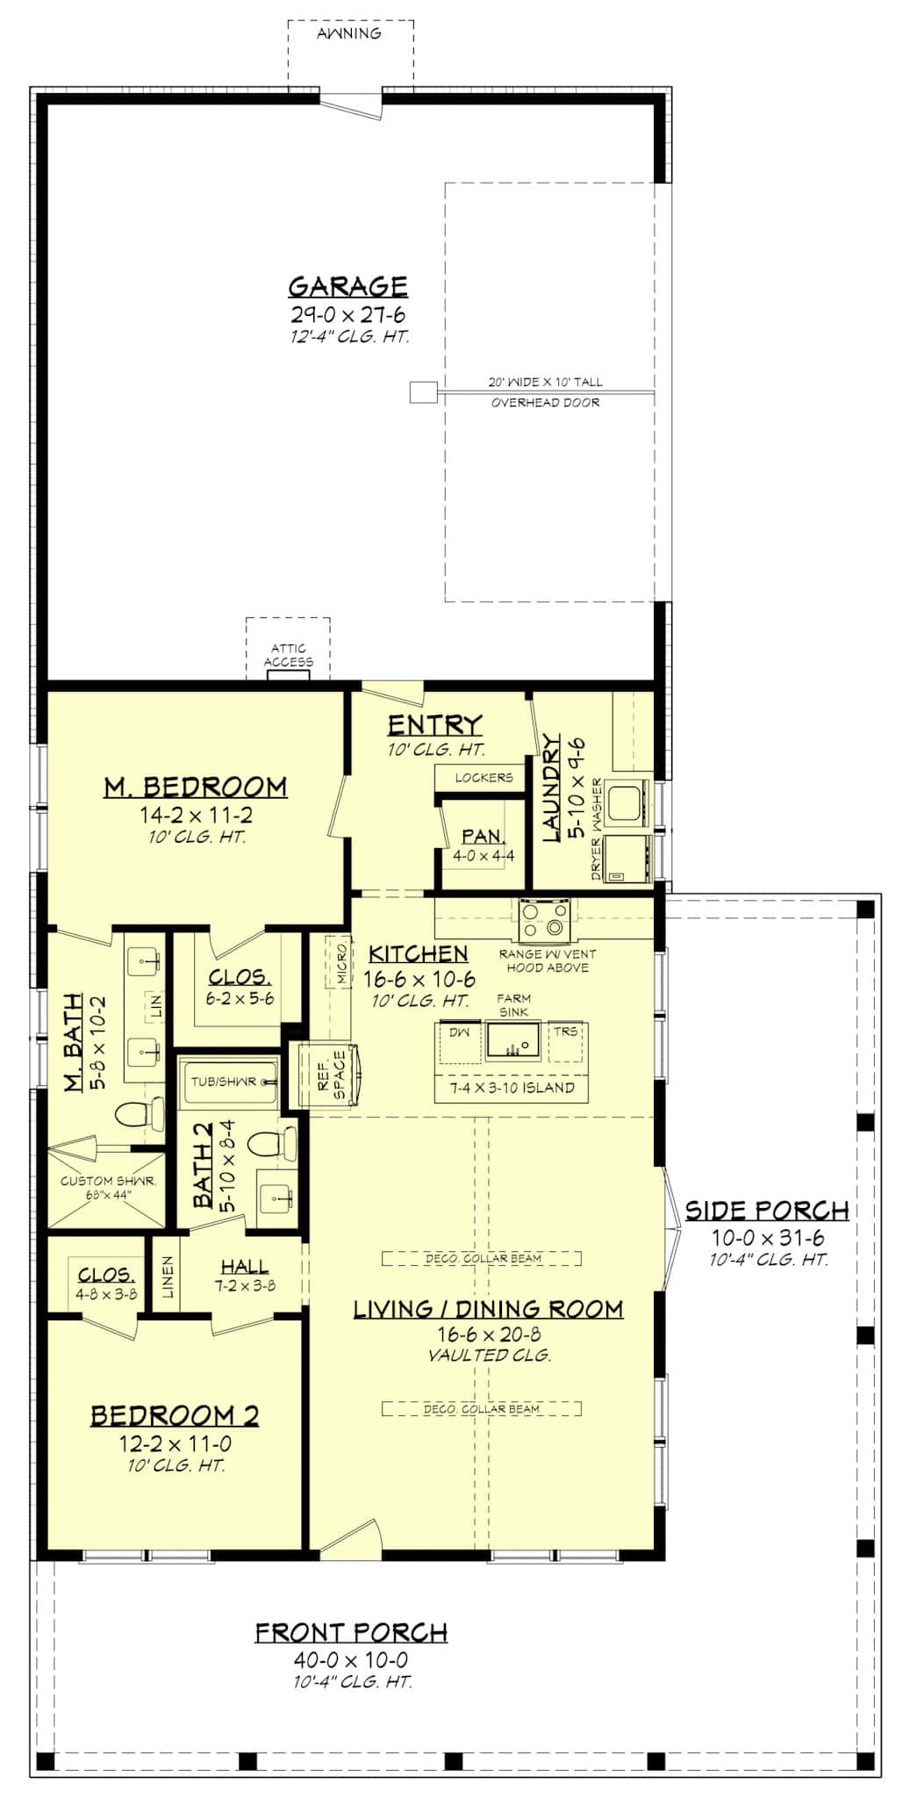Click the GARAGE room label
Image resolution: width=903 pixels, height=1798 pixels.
(x=348, y=286)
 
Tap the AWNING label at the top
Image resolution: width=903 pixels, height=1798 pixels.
(x=349, y=34)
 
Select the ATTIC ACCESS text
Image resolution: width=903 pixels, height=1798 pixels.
(x=288, y=655)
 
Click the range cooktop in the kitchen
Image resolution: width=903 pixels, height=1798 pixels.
(x=544, y=918)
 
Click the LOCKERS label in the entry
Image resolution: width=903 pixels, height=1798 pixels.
(x=484, y=778)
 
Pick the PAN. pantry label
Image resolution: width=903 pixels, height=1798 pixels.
(x=483, y=837)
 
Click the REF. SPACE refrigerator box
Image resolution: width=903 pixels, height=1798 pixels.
(x=331, y=1075)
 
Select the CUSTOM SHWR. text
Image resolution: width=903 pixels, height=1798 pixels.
(x=107, y=1181)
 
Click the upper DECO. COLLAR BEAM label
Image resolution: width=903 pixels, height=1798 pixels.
(x=483, y=1258)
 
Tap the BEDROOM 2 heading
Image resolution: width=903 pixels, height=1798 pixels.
(x=175, y=1415)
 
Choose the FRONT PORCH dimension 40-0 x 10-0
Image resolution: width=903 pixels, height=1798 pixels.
(x=351, y=1660)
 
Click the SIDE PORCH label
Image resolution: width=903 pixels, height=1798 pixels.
(x=766, y=1211)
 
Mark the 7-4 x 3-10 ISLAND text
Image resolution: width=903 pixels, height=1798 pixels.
(x=512, y=1088)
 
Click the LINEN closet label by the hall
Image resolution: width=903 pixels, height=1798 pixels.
(x=168, y=1277)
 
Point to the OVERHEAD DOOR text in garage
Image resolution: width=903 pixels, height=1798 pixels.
(x=545, y=402)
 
